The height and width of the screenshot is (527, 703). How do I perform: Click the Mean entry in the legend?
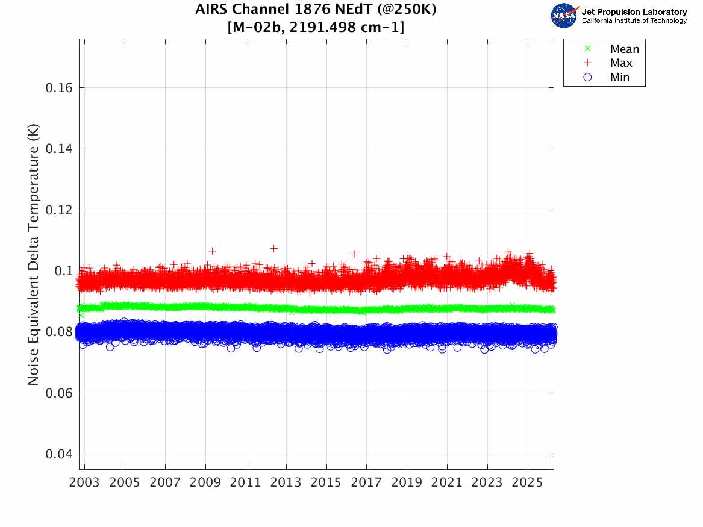pos(624,49)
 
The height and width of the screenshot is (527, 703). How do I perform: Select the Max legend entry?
pos(621,63)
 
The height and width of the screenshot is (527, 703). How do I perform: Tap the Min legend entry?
pos(620,78)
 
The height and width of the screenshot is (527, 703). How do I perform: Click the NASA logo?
pos(564,15)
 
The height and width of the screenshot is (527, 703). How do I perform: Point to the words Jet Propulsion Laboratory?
pos(634,12)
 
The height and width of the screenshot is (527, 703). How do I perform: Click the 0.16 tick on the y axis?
pos(59,88)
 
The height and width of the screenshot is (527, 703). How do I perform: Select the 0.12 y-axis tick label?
pos(59,210)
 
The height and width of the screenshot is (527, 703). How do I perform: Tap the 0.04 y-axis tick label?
pos(59,454)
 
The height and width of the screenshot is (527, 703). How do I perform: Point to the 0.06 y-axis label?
pos(59,393)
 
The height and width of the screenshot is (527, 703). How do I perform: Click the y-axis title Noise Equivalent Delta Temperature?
pos(34,257)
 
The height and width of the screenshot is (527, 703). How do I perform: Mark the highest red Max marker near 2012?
pos(274,248)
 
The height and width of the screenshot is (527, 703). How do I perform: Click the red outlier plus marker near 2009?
pos(212,251)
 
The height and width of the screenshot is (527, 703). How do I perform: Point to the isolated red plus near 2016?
pos(354,253)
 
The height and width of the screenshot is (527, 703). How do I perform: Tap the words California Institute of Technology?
pos(634,21)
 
